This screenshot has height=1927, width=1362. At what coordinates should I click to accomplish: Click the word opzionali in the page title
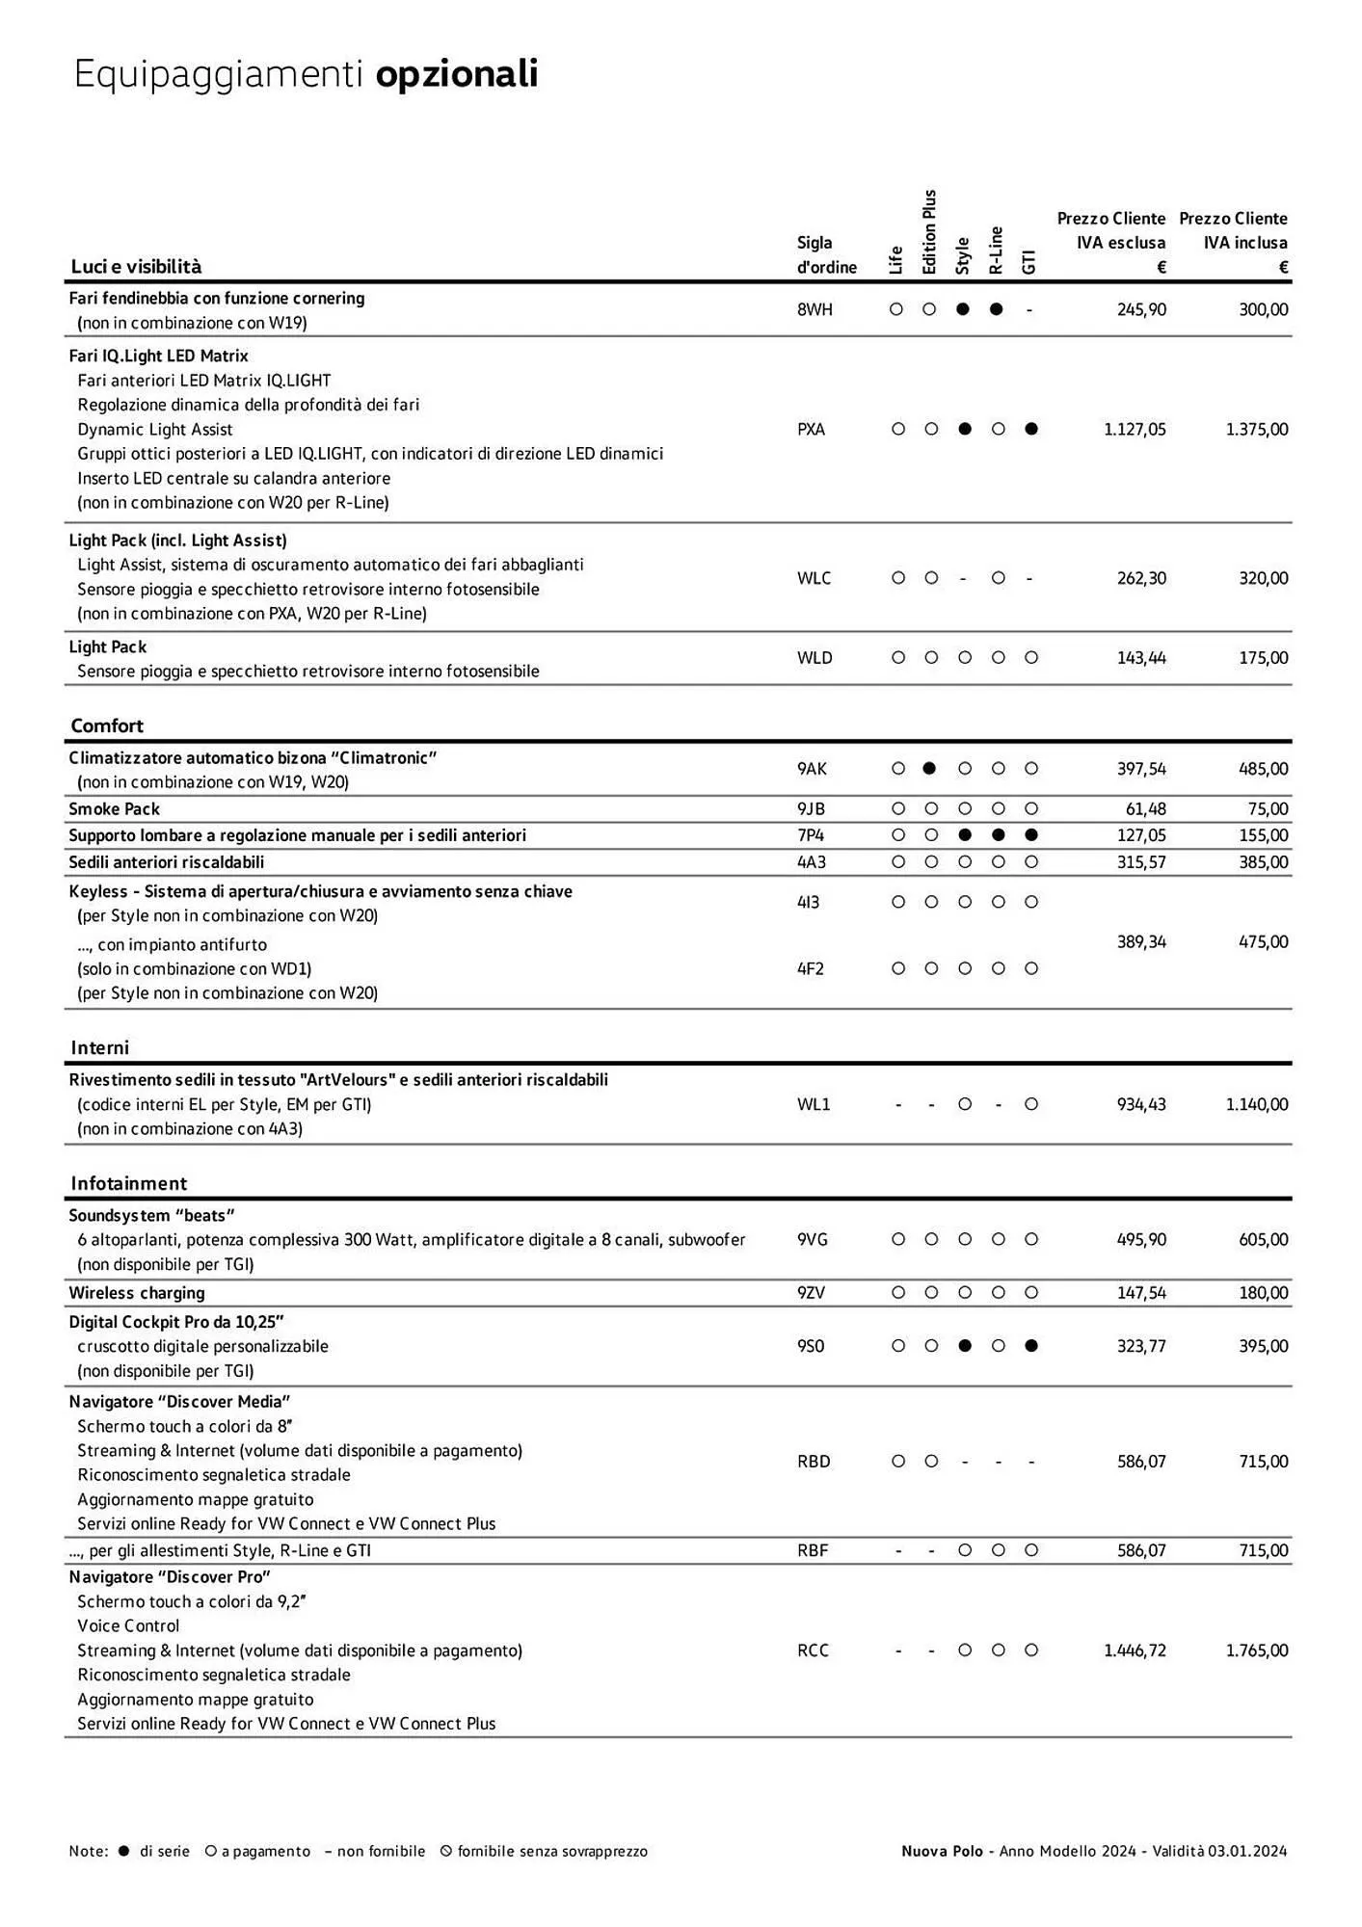pos(456,74)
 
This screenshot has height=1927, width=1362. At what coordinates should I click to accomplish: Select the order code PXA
pos(812,430)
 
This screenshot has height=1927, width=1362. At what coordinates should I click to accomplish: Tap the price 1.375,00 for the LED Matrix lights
pos(1256,430)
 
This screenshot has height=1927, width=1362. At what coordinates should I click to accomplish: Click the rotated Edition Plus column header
pos(929,232)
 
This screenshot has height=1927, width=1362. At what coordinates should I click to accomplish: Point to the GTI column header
pos(1029,262)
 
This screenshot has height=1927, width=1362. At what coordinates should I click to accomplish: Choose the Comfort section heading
pos(107,726)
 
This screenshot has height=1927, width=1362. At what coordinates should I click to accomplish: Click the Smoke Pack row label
pos(114,809)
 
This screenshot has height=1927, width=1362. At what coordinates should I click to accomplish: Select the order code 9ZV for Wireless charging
pos(812,1293)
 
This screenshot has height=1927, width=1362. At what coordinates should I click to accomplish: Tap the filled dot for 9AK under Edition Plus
pos(930,769)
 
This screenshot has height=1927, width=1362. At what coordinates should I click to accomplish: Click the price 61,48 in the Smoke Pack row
pos(1145,809)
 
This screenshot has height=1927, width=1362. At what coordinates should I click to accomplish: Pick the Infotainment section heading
pos(129,1184)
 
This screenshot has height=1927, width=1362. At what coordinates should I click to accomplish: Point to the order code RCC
pos(813,1650)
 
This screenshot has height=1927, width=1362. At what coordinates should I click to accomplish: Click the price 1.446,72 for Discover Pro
pos(1135,1650)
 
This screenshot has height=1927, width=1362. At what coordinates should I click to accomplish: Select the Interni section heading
pos(99,1048)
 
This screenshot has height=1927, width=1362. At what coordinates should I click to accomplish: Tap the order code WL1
pos(814,1105)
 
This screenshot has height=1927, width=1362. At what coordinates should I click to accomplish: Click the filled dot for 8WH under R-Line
pos(997,310)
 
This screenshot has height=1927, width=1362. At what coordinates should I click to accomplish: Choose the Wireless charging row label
pos(137,1293)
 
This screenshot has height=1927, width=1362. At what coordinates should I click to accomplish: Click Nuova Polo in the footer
pos(942,1851)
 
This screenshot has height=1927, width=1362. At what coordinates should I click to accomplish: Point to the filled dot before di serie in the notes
pos(123,1851)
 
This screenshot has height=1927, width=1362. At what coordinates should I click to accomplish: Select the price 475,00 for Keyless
pos(1263,942)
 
